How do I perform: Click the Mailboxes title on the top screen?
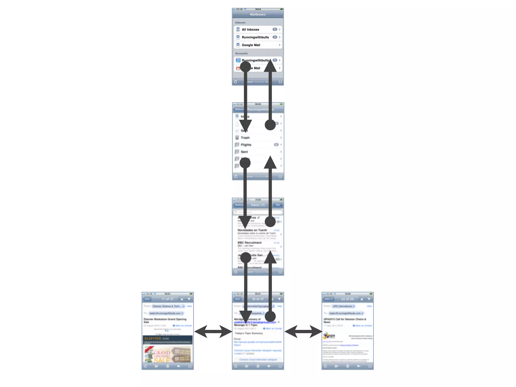click(x=258, y=14)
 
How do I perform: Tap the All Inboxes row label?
click(x=250, y=29)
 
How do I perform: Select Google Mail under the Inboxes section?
click(x=251, y=45)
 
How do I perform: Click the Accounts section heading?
click(x=241, y=53)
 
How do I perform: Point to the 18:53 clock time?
click(x=258, y=9)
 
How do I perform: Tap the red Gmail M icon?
click(x=238, y=68)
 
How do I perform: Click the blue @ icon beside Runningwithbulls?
click(x=238, y=60)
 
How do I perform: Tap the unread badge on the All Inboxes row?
click(x=275, y=29)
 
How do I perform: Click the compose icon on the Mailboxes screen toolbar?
click(x=280, y=82)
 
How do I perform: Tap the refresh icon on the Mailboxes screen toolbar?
click(x=236, y=82)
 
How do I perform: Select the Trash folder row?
click(x=245, y=138)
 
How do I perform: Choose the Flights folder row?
click(x=246, y=145)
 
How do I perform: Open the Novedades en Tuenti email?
click(x=252, y=230)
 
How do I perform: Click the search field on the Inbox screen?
click(x=258, y=212)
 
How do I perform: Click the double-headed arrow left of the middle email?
click(x=213, y=331)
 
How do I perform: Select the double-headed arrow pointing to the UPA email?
click(x=303, y=331)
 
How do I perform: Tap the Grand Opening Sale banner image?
click(x=167, y=354)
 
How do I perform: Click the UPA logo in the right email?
click(x=330, y=336)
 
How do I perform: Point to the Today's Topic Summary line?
click(x=249, y=333)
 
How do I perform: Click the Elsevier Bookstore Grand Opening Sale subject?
click(x=165, y=320)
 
